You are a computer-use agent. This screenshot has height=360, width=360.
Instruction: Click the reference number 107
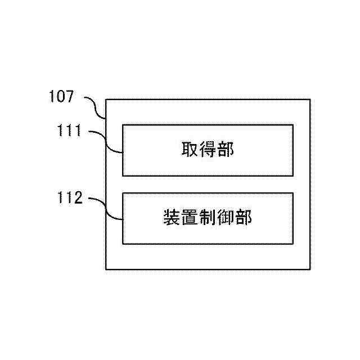(61, 97)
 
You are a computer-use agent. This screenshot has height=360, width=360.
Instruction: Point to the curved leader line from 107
(96, 107)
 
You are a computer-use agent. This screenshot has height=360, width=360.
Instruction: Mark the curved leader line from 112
(107, 208)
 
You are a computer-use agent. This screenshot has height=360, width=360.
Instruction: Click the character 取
(189, 150)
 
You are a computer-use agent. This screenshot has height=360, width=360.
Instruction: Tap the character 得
(208, 150)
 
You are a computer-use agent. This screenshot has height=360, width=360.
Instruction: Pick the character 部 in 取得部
(226, 150)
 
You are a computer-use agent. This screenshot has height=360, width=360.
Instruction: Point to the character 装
(171, 218)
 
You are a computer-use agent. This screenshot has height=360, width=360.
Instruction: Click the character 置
(190, 218)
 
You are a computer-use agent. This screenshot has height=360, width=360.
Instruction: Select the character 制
(208, 218)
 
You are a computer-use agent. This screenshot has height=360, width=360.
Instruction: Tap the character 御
(226, 218)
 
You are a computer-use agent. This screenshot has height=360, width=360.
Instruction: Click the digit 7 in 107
(69, 97)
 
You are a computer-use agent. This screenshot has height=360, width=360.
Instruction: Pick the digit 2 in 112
(78, 198)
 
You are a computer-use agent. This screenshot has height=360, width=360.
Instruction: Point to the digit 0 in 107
(61, 97)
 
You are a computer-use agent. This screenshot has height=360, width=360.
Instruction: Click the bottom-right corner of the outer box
(310, 269)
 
